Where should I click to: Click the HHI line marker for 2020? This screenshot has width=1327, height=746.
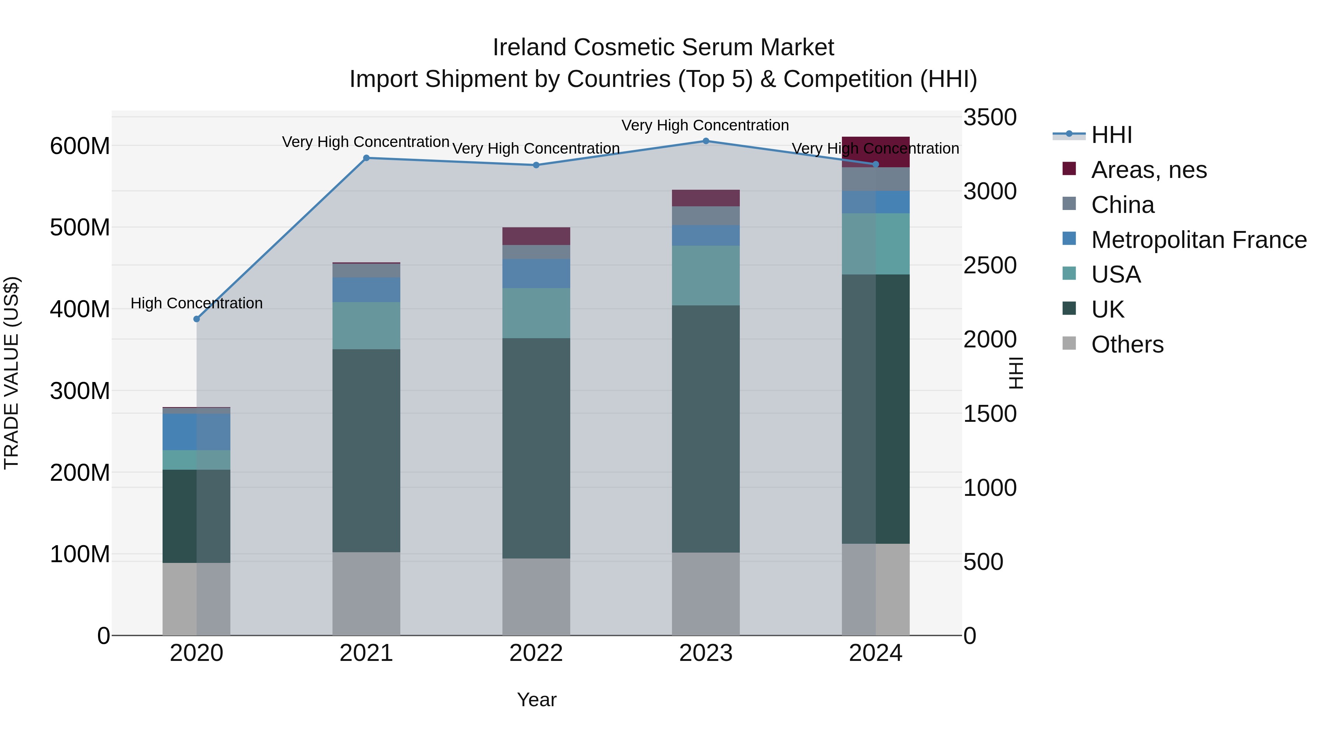(196, 319)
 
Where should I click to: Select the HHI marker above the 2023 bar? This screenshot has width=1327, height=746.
(706, 141)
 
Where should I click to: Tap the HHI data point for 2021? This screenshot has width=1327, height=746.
(366, 158)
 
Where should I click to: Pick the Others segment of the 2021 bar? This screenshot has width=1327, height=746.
(366, 593)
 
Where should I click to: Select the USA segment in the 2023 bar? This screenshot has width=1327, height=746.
(706, 276)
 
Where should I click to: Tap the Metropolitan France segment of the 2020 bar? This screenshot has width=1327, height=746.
(196, 432)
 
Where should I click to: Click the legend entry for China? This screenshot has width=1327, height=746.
(1122, 205)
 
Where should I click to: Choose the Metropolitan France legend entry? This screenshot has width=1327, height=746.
(1198, 240)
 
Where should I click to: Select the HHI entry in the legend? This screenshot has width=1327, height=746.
(1111, 135)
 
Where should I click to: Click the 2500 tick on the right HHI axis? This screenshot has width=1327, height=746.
(990, 266)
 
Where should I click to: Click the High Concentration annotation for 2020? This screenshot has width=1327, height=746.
(196, 303)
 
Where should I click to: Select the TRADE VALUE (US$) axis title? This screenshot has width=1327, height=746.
(11, 373)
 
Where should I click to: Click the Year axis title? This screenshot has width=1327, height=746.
(536, 700)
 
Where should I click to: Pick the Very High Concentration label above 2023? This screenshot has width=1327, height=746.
(705, 125)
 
